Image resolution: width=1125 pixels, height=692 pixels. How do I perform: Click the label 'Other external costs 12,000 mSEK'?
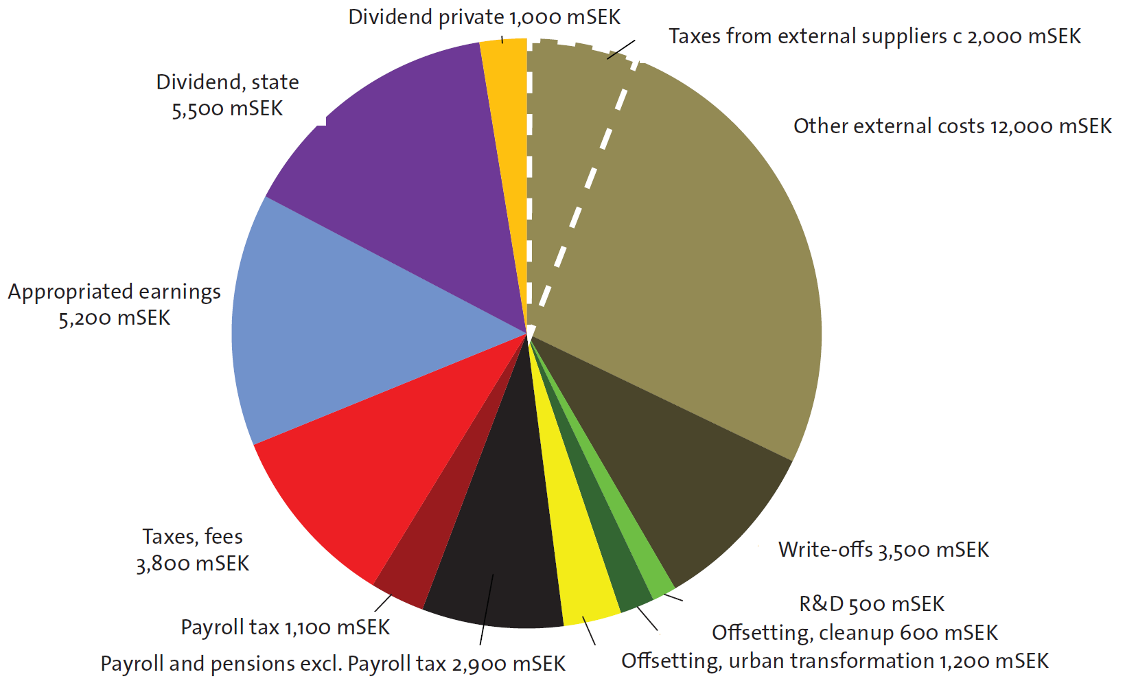point(952,126)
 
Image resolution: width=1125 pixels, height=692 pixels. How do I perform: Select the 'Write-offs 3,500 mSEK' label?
point(883,550)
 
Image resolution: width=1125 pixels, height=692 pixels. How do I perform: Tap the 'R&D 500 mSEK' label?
point(872,604)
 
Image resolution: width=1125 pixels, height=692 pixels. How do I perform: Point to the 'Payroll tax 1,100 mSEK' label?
point(285,627)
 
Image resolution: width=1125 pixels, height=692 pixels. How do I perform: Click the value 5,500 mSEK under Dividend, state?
point(227,109)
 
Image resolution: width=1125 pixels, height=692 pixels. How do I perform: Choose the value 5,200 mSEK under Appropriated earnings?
point(114,319)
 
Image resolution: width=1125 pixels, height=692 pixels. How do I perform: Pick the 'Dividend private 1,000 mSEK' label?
point(484,17)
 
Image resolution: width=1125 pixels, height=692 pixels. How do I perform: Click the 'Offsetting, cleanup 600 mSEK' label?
point(855,632)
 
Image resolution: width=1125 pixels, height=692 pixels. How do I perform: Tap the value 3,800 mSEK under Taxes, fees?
point(192,564)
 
